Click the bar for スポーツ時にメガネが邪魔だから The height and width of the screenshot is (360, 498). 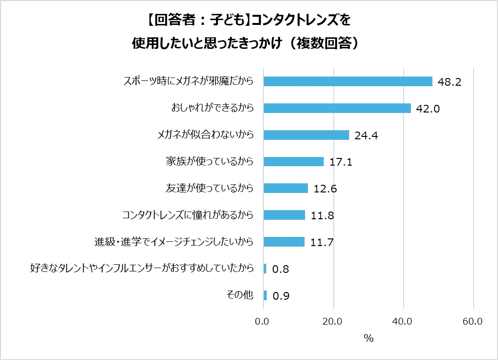348,81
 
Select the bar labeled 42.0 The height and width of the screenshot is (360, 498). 337,108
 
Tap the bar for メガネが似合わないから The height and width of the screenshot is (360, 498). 306,135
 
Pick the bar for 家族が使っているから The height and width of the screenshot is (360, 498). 294,161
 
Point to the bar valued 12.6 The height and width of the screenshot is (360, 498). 285,188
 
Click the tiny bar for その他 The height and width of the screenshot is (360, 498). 265,295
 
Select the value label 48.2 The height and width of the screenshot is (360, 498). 449,82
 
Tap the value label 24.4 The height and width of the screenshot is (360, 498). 366,136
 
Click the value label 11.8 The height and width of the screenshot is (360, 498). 322,216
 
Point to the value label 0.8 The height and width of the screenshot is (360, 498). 281,270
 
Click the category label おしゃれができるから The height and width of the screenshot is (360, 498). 212,108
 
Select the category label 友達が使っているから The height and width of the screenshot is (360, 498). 209,188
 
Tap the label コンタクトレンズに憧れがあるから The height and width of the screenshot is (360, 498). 188,215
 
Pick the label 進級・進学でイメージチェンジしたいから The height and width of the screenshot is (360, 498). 174,242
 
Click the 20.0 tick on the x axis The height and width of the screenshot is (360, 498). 333,322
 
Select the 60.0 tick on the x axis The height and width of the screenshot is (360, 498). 473,322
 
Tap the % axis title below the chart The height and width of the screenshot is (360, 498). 368,338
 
